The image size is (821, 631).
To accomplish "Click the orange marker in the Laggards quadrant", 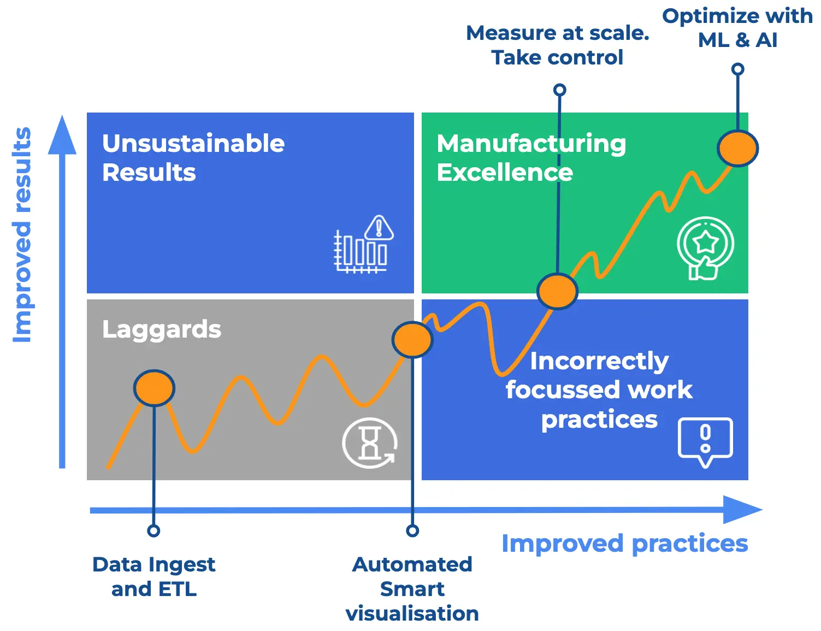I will pyautogui.click(x=154, y=387).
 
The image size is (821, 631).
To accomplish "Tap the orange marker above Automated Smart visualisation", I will pyautogui.click(x=412, y=339).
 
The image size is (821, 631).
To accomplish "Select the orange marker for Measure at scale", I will pyautogui.click(x=557, y=291).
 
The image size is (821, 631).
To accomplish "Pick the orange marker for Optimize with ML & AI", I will pyautogui.click(x=737, y=148).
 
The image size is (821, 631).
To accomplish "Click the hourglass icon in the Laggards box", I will pyautogui.click(x=370, y=443).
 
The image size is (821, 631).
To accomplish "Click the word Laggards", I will pyautogui.click(x=162, y=329).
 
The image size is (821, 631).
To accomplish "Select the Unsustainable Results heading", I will pyautogui.click(x=193, y=158).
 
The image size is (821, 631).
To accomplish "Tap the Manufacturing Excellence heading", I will pyautogui.click(x=531, y=158).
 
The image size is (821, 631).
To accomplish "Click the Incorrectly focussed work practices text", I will pyautogui.click(x=599, y=390).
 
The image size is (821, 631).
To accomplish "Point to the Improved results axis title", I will pyautogui.click(x=22, y=235).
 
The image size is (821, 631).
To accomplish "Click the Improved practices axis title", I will pyautogui.click(x=624, y=544).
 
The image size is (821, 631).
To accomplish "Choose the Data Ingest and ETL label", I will pyautogui.click(x=154, y=576).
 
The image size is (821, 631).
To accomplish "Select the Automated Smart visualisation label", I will pyautogui.click(x=412, y=588).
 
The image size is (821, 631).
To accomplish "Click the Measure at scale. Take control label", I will pyautogui.click(x=557, y=45).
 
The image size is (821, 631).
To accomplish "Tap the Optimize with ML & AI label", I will pyautogui.click(x=737, y=28).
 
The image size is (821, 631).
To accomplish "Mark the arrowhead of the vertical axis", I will pyautogui.click(x=62, y=135).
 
